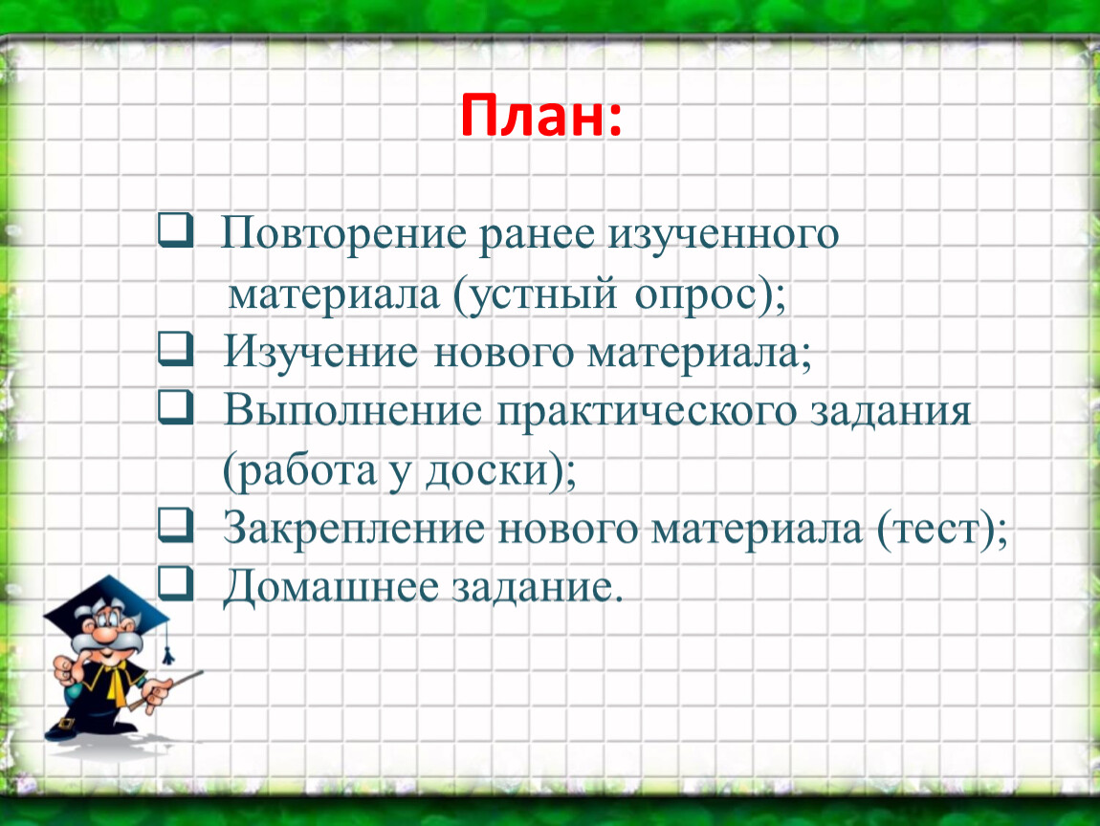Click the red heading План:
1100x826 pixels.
[x=540, y=117]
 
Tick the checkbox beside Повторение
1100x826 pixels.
[x=175, y=230]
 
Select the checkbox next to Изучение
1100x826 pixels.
[x=175, y=349]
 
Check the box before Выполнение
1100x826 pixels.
[x=175, y=407]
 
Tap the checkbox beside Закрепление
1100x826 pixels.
[x=175, y=525]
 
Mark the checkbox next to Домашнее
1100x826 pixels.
[x=175, y=583]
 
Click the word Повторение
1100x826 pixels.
[x=343, y=234]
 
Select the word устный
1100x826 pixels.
[x=536, y=294]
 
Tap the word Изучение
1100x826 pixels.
[x=320, y=352]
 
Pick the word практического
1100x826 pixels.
[x=647, y=412]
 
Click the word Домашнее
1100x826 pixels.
[x=330, y=587]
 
